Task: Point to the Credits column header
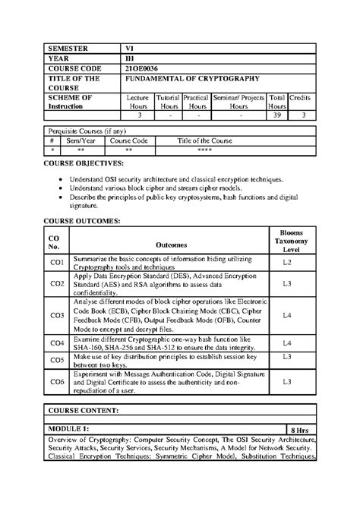pyautogui.click(x=300, y=99)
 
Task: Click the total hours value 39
pyautogui.click(x=277, y=115)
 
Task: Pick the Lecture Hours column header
pyautogui.click(x=139, y=103)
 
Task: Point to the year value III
pyautogui.click(x=130, y=58)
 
